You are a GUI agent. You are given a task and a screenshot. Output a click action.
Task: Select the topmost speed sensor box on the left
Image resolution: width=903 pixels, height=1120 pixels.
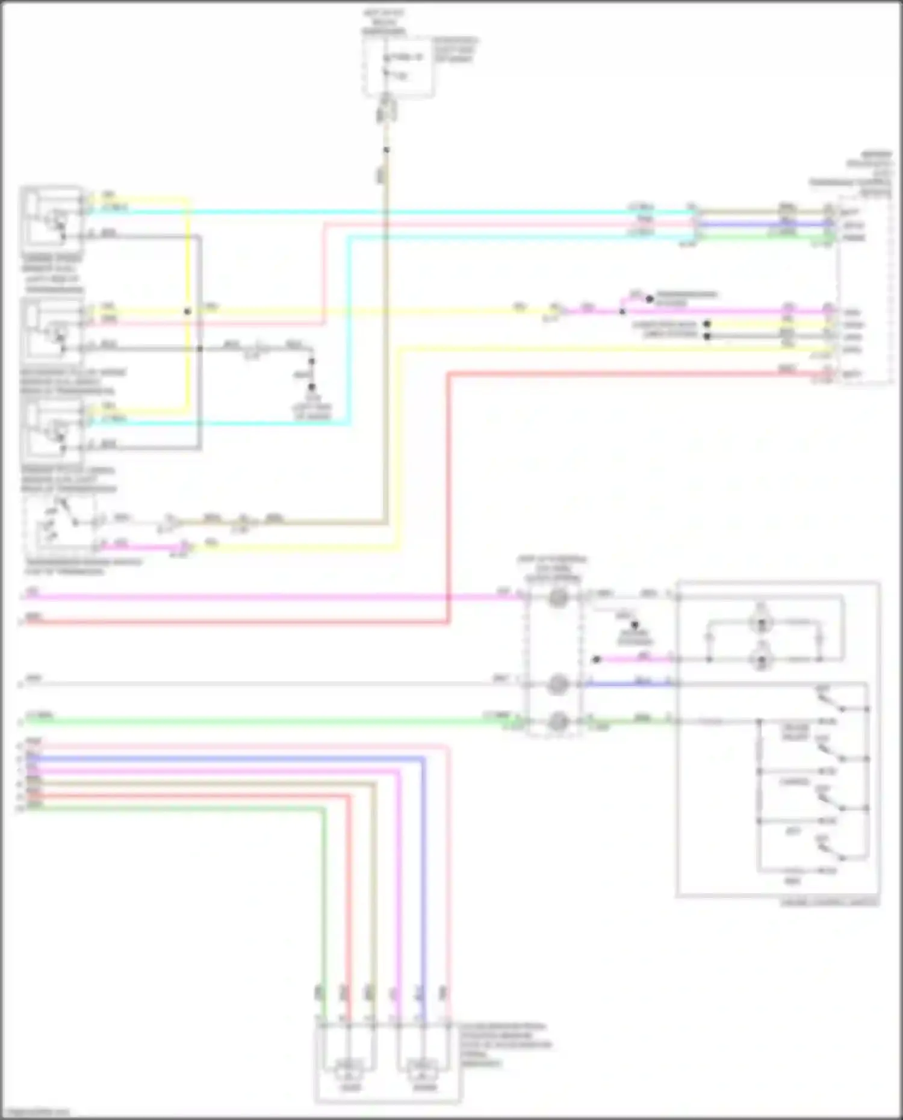click(x=52, y=218)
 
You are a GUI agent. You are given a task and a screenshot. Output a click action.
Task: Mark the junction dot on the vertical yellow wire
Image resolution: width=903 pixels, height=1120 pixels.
click(x=188, y=312)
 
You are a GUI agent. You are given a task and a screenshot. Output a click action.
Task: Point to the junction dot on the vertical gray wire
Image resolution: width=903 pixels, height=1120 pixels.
click(x=200, y=348)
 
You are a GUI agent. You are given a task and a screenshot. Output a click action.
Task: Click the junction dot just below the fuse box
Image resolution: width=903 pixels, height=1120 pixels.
click(x=386, y=149)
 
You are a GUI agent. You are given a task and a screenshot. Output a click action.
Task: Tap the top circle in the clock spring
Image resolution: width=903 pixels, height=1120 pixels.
click(x=558, y=598)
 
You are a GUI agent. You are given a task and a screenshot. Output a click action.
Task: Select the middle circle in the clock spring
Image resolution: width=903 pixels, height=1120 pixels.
click(x=558, y=684)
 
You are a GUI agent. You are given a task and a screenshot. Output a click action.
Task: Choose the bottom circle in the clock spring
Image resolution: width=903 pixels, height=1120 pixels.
click(x=558, y=720)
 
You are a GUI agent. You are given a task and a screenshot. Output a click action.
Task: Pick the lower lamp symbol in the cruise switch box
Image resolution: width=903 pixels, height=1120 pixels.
click(x=762, y=660)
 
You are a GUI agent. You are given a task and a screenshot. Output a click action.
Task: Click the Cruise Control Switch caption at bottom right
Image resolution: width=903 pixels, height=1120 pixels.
click(x=829, y=903)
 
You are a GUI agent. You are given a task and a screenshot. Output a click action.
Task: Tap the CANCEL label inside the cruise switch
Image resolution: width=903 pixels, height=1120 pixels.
click(x=794, y=782)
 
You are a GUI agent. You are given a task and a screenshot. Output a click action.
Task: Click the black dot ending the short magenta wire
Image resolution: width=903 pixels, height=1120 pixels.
click(x=597, y=660)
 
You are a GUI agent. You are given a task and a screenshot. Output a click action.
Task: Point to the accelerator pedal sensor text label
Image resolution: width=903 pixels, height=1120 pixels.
click(x=506, y=1045)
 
